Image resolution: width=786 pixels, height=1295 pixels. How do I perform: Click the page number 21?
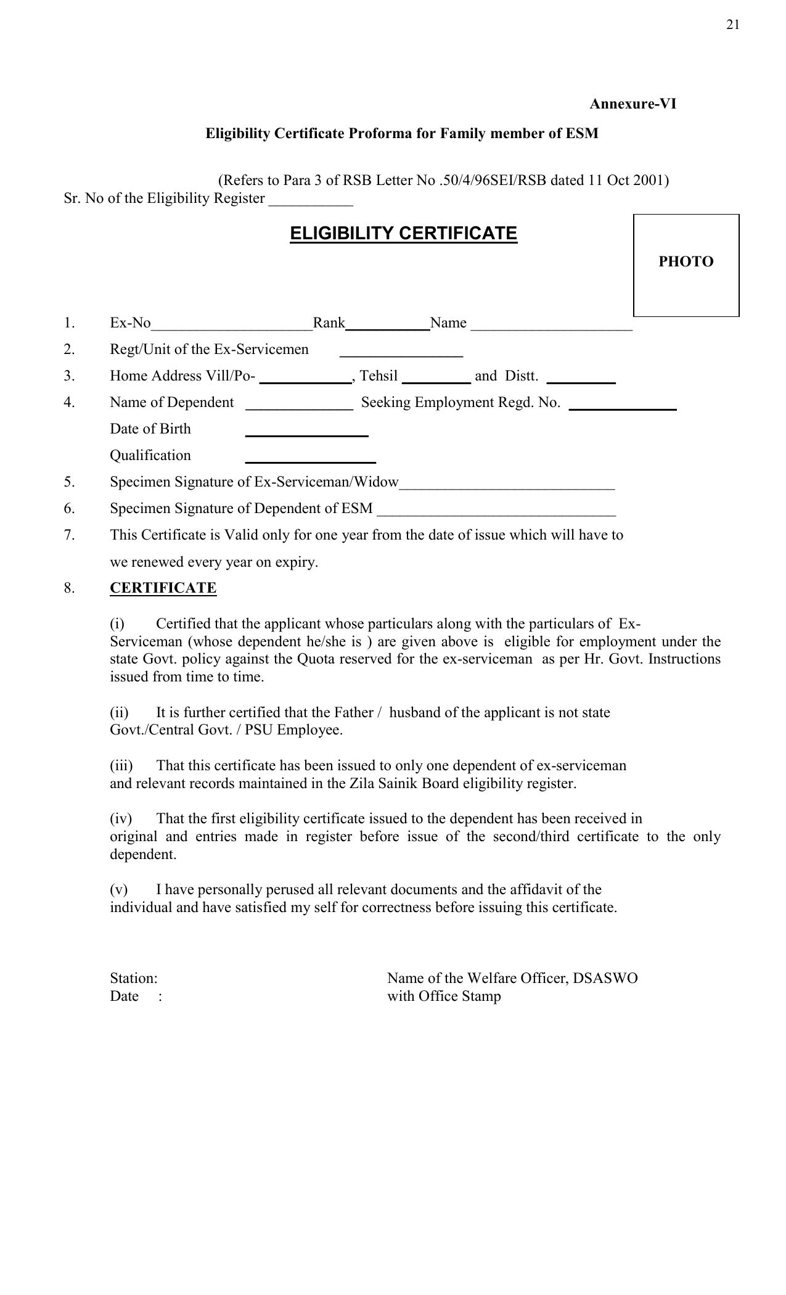pyautogui.click(x=732, y=25)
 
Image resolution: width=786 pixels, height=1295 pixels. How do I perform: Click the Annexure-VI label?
pyautogui.click(x=632, y=104)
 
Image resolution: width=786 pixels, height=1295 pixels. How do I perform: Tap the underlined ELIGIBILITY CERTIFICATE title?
pyautogui.click(x=403, y=234)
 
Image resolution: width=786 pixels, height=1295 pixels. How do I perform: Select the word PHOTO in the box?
pyautogui.click(x=686, y=261)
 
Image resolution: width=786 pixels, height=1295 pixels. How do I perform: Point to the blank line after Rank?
pyautogui.click(x=387, y=329)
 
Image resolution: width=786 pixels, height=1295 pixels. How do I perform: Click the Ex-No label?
pyautogui.click(x=130, y=323)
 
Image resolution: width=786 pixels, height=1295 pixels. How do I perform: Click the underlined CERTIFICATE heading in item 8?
pyautogui.click(x=163, y=588)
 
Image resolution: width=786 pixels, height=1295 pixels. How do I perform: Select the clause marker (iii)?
pyautogui.click(x=121, y=766)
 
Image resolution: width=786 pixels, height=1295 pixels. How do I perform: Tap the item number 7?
pyautogui.click(x=69, y=535)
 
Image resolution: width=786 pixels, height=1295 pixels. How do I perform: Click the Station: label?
pyautogui.click(x=134, y=978)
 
